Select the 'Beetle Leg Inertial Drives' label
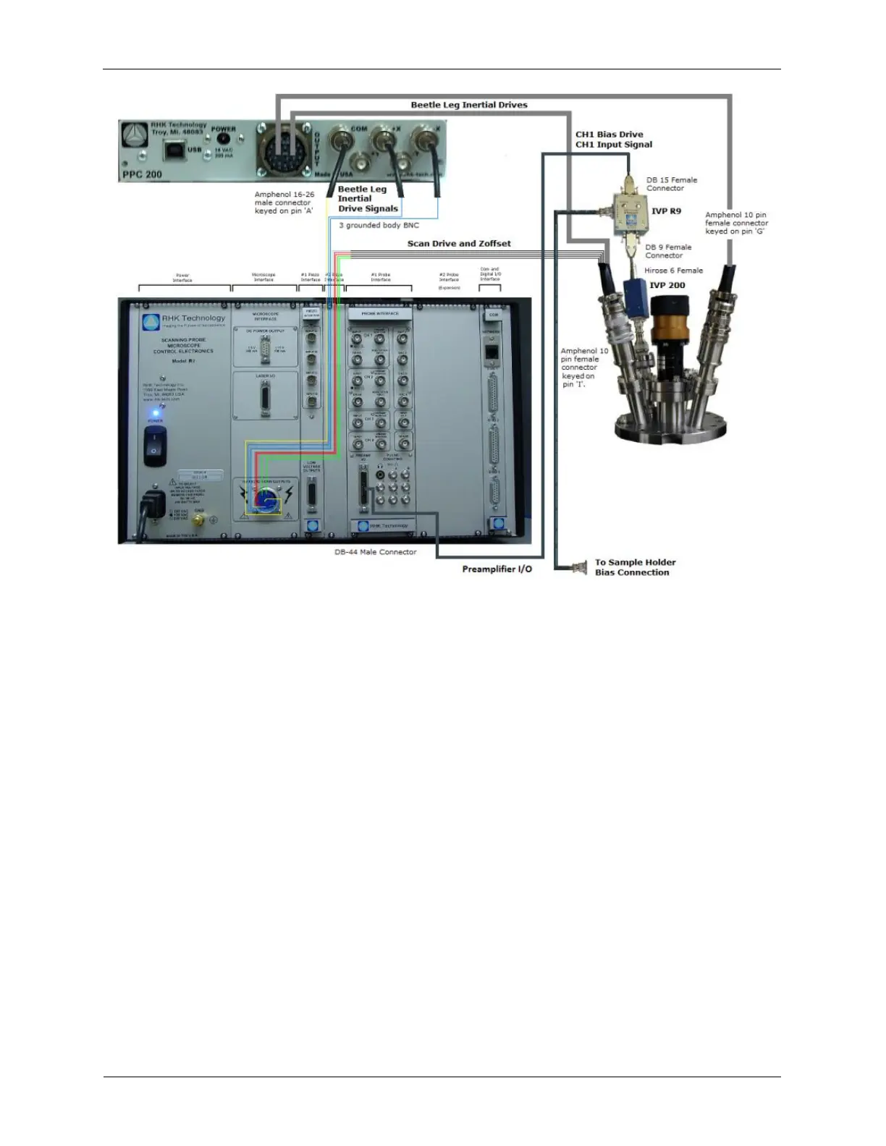tap(469, 105)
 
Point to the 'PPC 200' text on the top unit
tap(143, 174)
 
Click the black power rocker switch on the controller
tap(153, 445)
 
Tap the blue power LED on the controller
tap(155, 413)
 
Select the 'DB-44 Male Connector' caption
tap(375, 552)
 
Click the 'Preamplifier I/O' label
tap(497, 569)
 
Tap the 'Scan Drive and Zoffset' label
tap(459, 244)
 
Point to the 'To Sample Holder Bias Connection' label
tap(635, 567)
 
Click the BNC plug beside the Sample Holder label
tap(579, 568)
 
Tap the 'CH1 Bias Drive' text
tap(609, 135)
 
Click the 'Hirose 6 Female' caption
tap(673, 271)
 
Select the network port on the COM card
tap(493, 352)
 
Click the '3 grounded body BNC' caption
tap(379, 226)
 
